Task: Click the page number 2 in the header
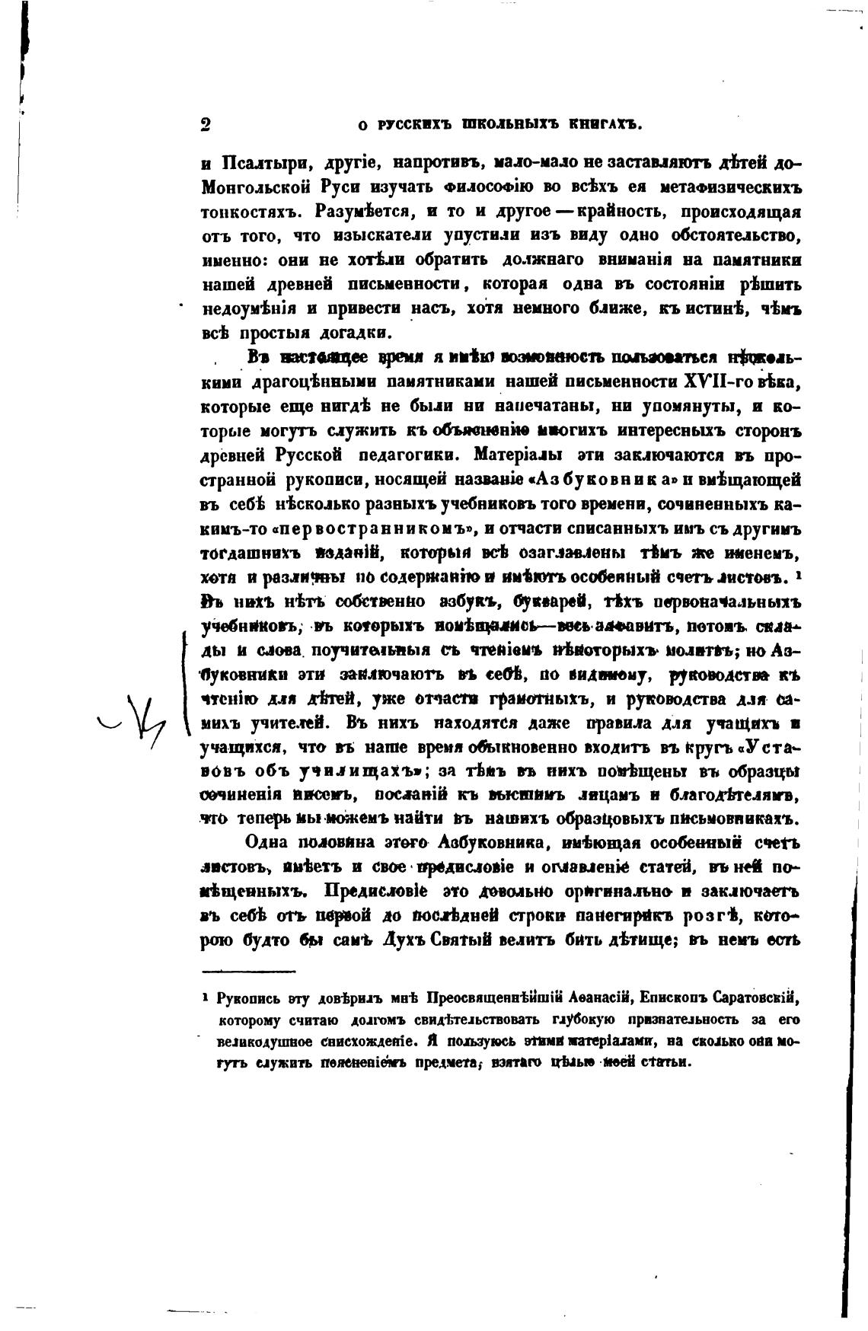(x=206, y=125)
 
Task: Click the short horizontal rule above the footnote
(x=248, y=971)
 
